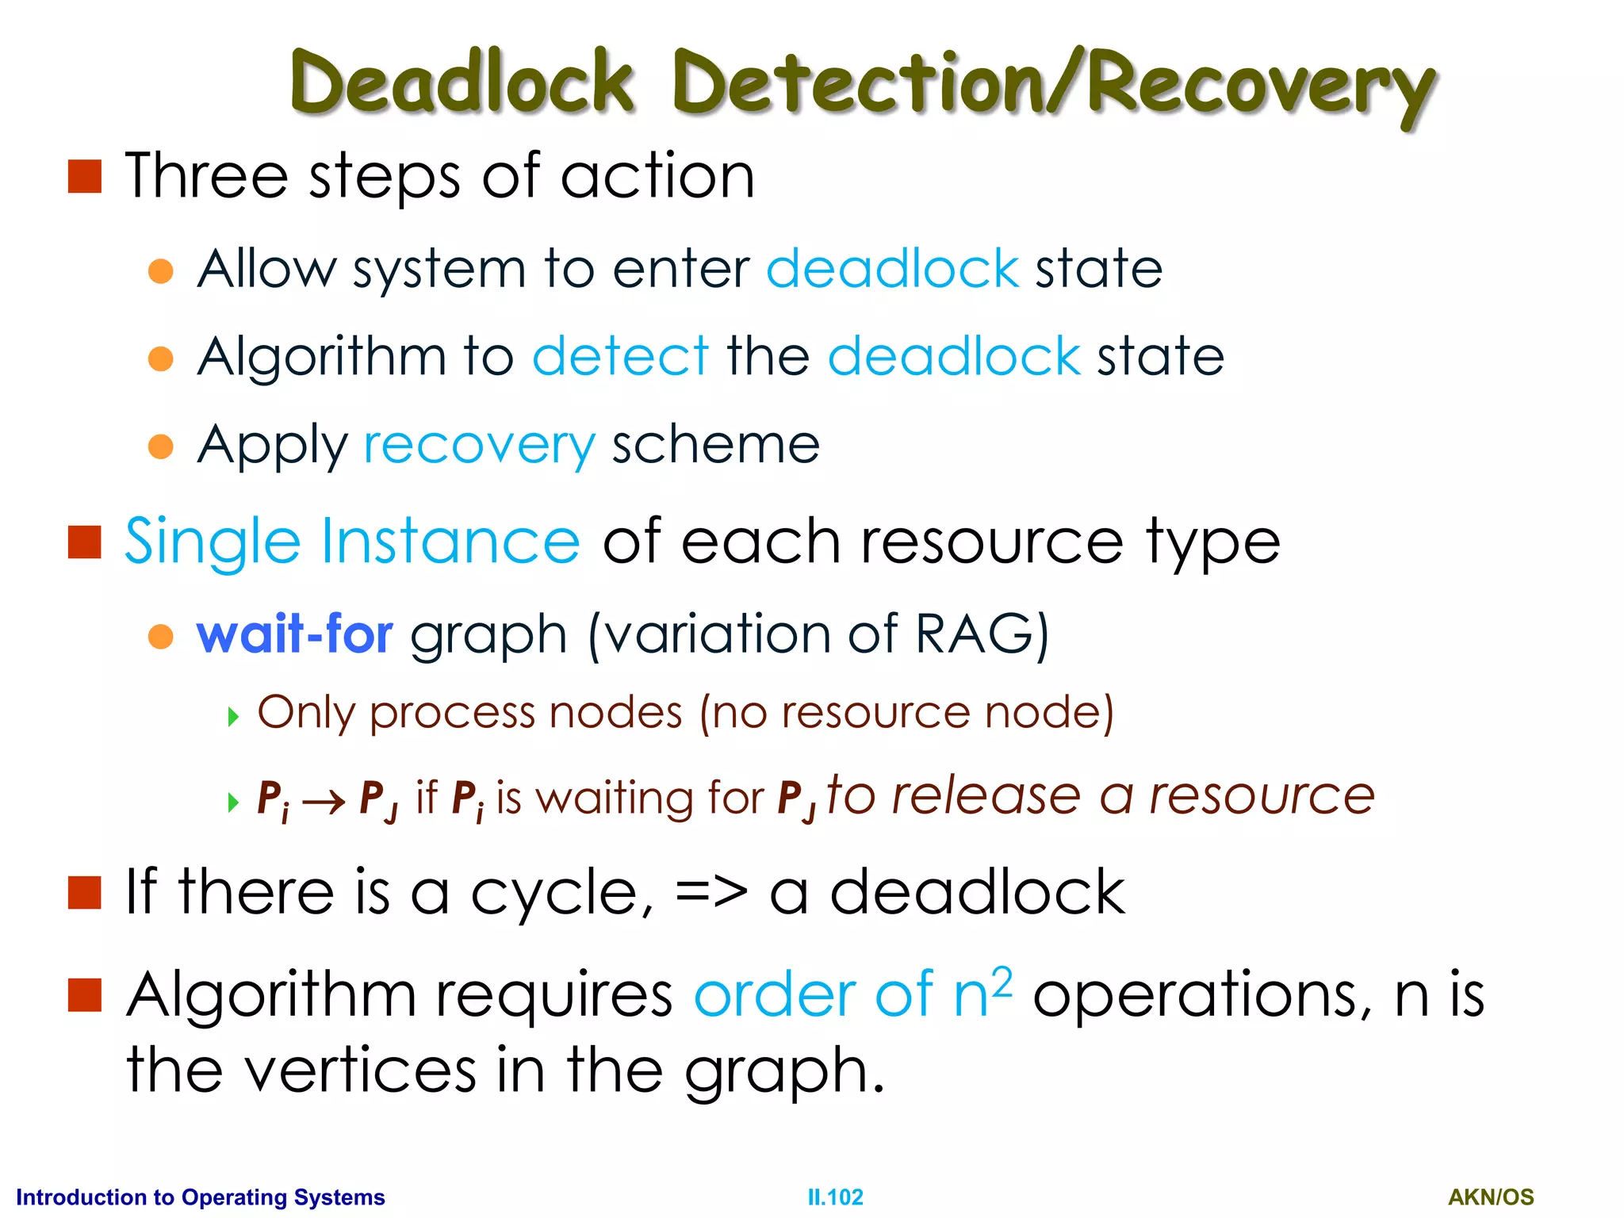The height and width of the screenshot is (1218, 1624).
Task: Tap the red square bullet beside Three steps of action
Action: [85, 176]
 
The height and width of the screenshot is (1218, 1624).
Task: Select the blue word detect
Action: [620, 356]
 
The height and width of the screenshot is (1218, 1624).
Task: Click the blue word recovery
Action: [479, 445]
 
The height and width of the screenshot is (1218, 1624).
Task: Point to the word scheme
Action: [715, 445]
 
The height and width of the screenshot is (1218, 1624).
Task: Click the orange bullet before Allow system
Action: [161, 270]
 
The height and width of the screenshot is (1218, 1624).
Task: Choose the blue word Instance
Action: [450, 541]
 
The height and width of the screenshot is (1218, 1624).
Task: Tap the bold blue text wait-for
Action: [294, 634]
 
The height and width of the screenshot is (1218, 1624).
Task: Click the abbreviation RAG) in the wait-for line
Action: [982, 634]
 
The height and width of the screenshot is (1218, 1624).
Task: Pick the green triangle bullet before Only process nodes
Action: [233, 717]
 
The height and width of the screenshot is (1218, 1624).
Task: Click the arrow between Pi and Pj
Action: [324, 802]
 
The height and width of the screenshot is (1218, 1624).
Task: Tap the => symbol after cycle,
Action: [710, 893]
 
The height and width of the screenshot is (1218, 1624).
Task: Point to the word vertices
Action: [359, 1071]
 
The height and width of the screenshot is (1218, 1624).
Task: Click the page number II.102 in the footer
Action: [835, 1197]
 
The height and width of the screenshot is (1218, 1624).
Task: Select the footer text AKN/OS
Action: [1491, 1197]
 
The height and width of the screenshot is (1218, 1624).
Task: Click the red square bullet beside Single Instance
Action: [85, 542]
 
